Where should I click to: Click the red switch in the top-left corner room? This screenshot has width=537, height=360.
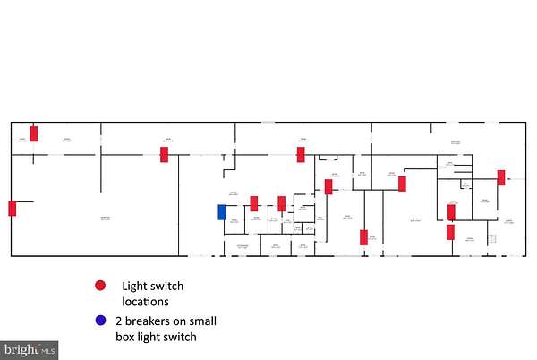pos(34,133)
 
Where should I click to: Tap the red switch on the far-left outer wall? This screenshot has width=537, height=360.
pos(13,208)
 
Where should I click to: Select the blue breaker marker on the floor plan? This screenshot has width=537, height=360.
pos(222,212)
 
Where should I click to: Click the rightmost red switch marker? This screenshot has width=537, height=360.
pos(501,177)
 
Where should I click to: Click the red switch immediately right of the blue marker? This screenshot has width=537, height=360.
pos(254,203)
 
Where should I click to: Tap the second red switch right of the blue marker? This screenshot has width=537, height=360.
pos(281,203)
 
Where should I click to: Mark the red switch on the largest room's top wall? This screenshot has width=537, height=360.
pos(164,154)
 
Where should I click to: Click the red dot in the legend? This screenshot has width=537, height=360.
pos(99,286)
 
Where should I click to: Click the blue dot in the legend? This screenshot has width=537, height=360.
pos(99,321)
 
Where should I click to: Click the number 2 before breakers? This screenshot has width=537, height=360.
pos(119,320)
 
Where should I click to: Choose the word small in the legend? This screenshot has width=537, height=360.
pos(199,320)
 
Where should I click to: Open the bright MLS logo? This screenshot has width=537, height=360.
pos(30,349)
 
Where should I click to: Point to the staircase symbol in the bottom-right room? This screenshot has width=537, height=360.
pos(490,238)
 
